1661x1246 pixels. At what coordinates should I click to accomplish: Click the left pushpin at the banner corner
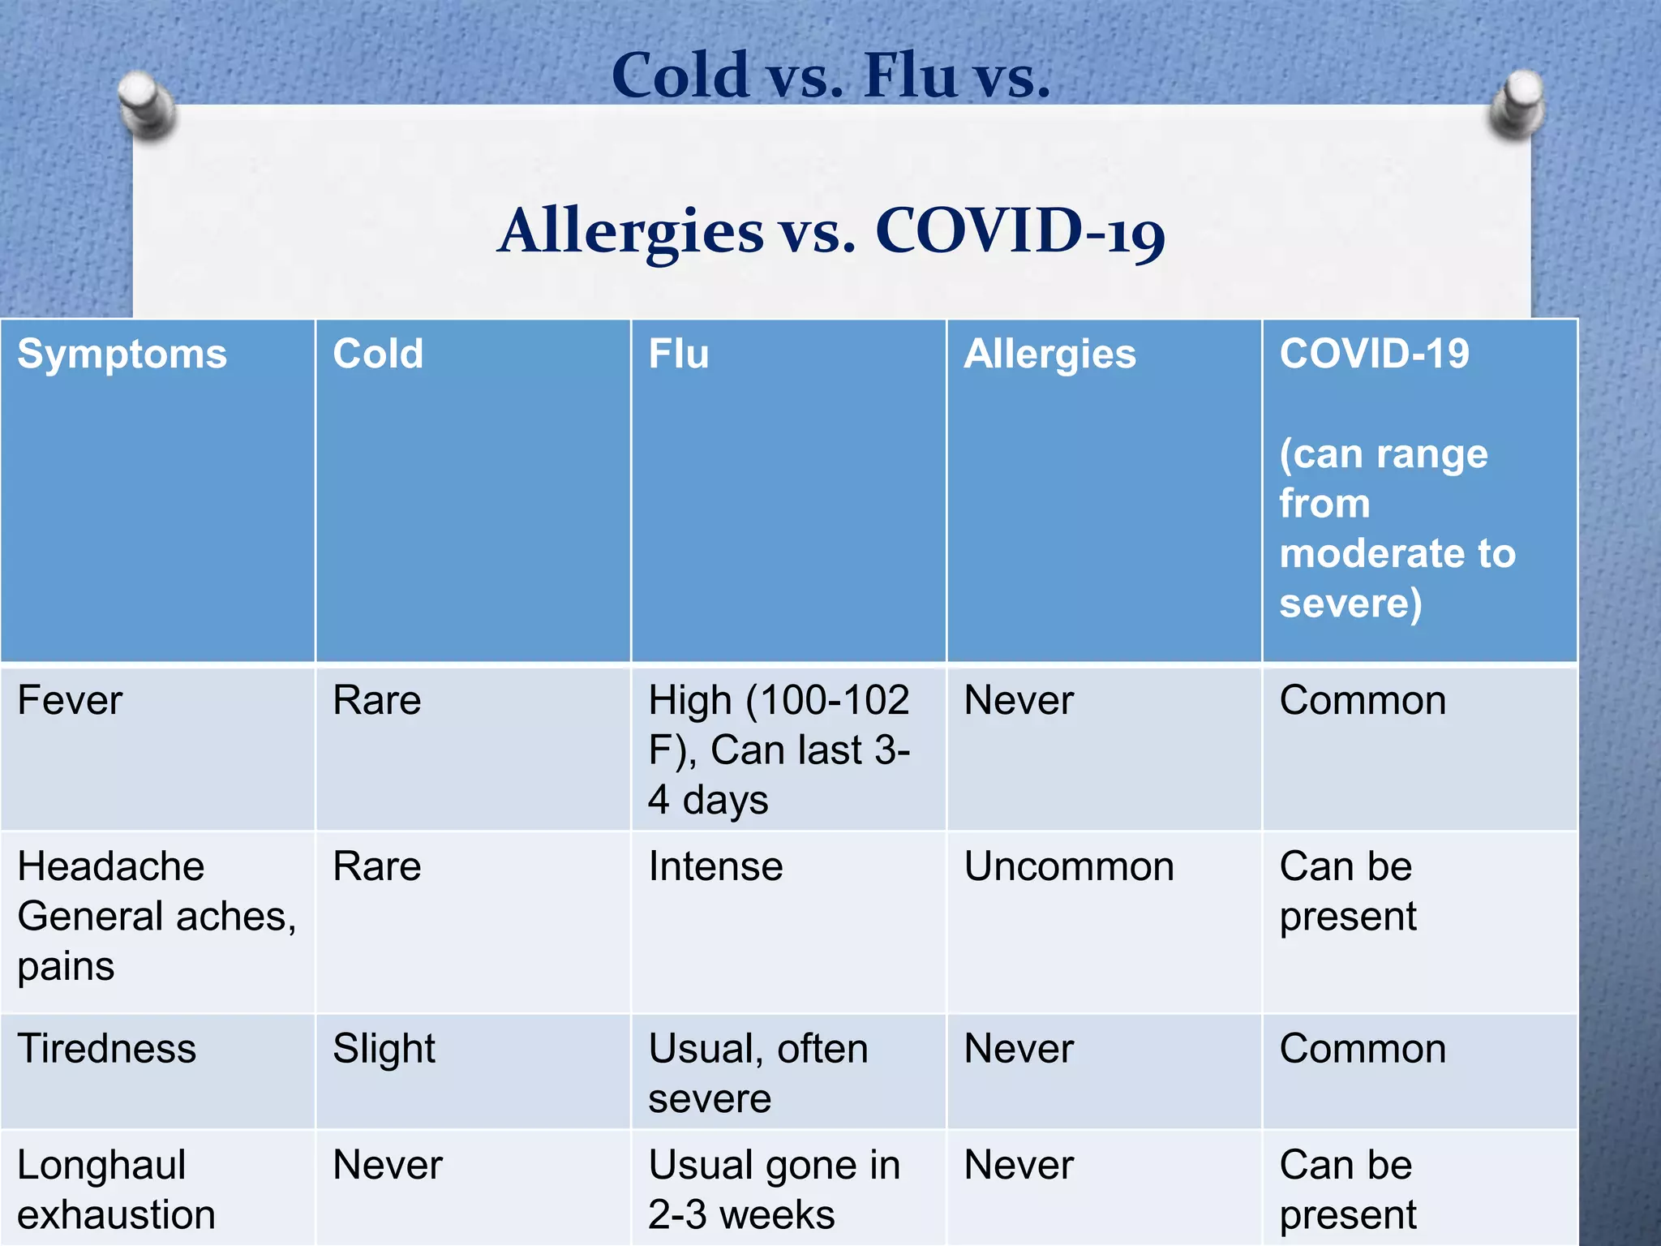click(147, 104)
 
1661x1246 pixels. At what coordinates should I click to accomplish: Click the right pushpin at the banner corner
click(1517, 103)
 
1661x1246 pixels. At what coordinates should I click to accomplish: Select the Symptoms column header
click(122, 354)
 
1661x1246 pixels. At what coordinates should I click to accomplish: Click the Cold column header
click(378, 354)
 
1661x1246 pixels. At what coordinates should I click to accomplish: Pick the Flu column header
click(679, 354)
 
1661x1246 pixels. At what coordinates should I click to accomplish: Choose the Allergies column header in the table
click(1049, 354)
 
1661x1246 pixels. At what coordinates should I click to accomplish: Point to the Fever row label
click(70, 700)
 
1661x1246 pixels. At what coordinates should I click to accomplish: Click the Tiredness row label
click(106, 1048)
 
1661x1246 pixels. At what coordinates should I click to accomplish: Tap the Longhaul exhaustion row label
click(116, 1189)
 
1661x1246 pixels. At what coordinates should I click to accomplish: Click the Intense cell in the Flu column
click(715, 866)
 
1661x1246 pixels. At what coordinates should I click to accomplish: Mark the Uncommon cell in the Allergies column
click(1069, 866)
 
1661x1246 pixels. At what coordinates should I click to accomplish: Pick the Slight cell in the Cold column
click(384, 1048)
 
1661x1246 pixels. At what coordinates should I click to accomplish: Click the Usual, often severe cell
click(758, 1072)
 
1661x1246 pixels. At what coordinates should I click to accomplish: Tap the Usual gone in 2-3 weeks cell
click(774, 1189)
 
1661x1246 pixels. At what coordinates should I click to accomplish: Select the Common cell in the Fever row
click(1363, 700)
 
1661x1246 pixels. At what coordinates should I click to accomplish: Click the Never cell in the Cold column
click(388, 1165)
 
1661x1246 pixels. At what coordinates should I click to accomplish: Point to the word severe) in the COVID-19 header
click(1350, 604)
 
